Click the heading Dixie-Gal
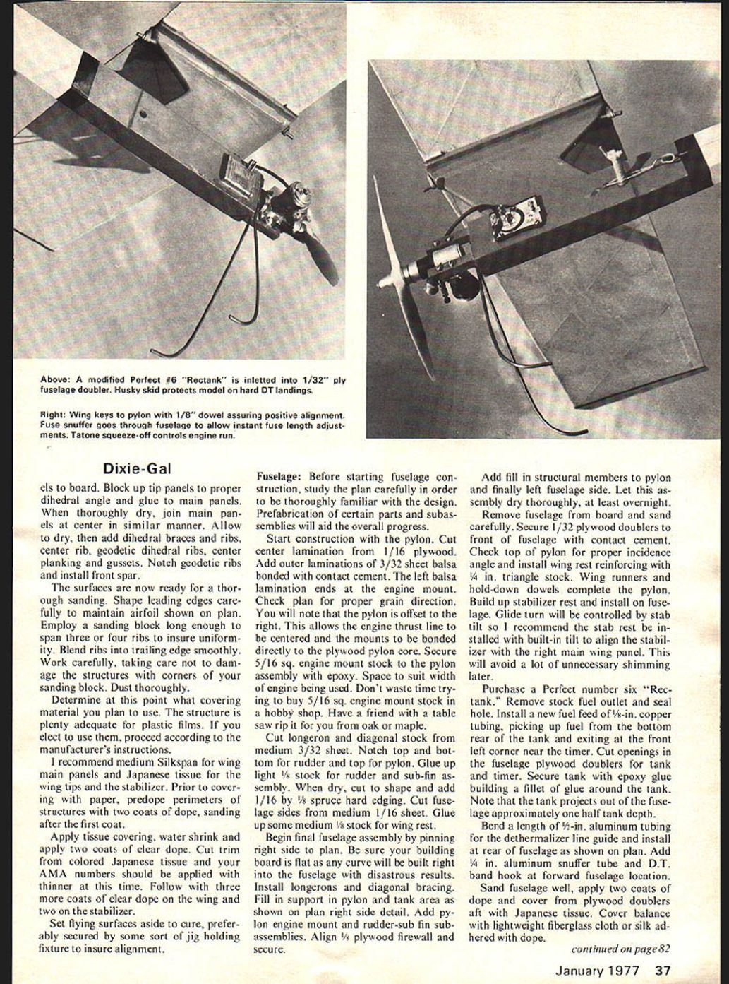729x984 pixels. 137,468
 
